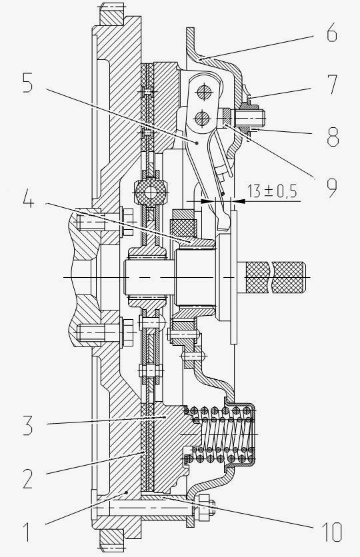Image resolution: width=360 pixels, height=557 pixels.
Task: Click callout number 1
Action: tap(27, 531)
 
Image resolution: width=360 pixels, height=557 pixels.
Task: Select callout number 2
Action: tap(28, 478)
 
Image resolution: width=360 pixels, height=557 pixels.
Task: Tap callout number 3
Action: tap(28, 425)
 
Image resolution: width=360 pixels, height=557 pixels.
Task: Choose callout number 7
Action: tap(332, 84)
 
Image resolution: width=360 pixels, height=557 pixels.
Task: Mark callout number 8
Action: tap(333, 137)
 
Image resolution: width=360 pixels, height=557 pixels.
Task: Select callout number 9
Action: tap(332, 188)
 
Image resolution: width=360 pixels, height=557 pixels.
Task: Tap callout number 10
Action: tap(331, 532)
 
